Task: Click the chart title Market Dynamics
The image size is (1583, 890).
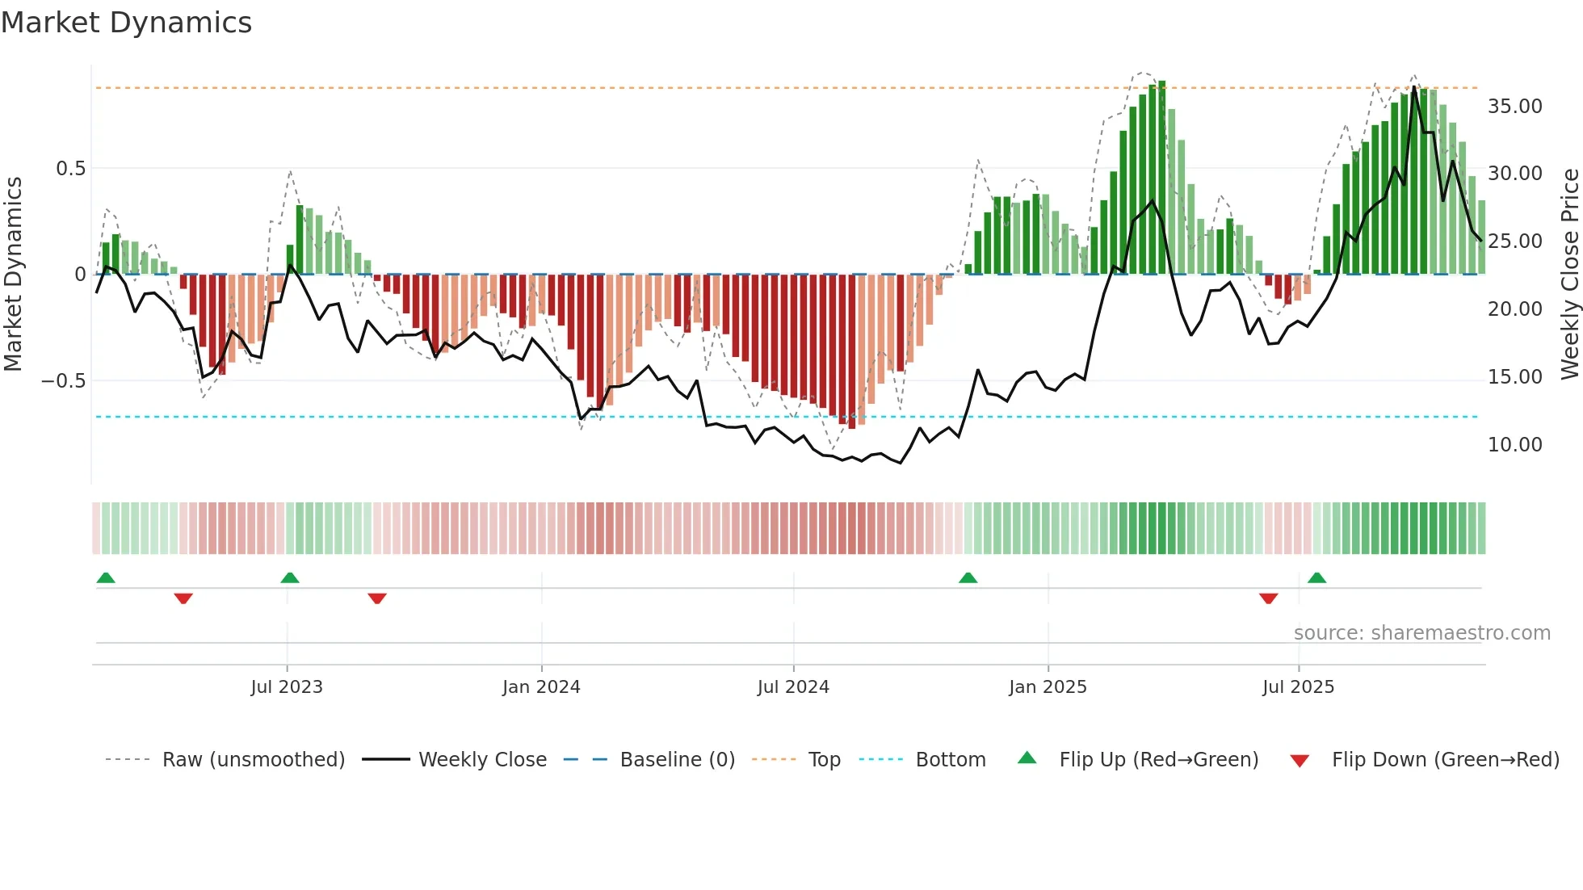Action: tap(126, 23)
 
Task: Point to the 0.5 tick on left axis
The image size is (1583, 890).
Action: tap(70, 169)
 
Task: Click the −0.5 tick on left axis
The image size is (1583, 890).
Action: tap(63, 381)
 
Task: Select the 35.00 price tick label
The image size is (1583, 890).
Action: tap(1514, 107)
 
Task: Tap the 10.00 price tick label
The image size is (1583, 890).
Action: tap(1514, 445)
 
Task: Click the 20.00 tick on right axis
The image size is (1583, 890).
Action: tap(1514, 309)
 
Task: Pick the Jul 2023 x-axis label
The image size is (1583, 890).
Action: tap(286, 687)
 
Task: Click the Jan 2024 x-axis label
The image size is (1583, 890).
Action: tap(540, 687)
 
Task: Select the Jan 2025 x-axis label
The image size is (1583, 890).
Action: tap(1047, 687)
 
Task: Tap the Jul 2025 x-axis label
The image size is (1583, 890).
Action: tap(1298, 687)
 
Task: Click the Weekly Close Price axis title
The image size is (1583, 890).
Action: tap(1569, 274)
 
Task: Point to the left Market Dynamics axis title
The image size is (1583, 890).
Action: tap(13, 274)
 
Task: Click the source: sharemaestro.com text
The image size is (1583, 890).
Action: tap(1421, 633)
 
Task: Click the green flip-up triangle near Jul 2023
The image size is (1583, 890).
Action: tap(290, 577)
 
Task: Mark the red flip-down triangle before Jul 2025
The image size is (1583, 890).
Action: tap(1268, 598)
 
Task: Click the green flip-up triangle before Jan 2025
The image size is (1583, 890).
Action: tap(968, 577)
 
